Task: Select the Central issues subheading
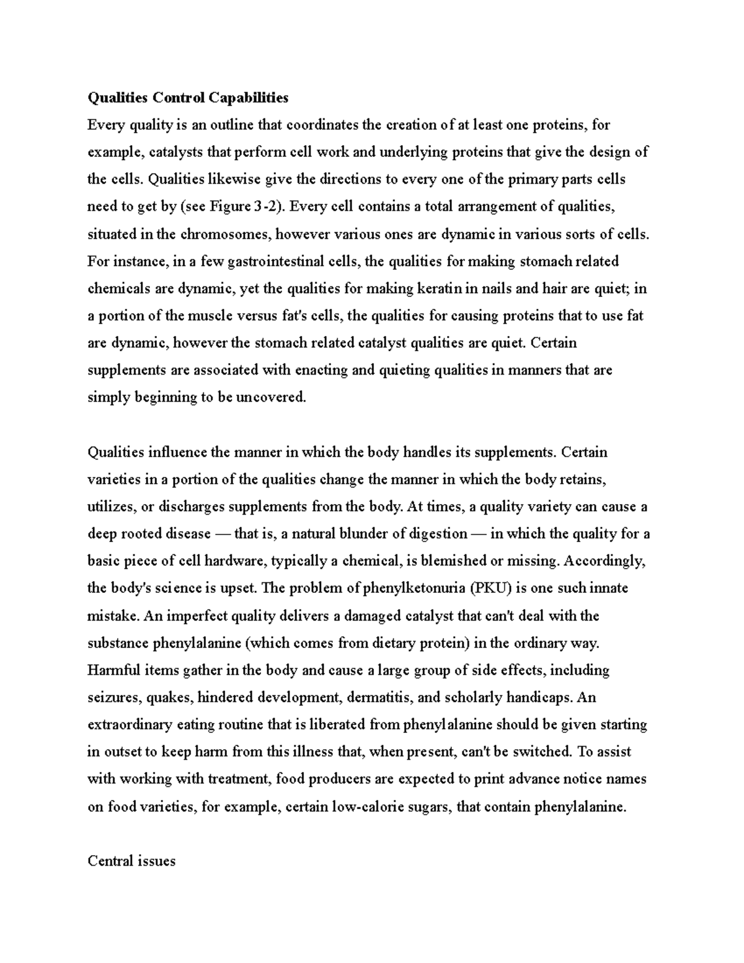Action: pos(131,861)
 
